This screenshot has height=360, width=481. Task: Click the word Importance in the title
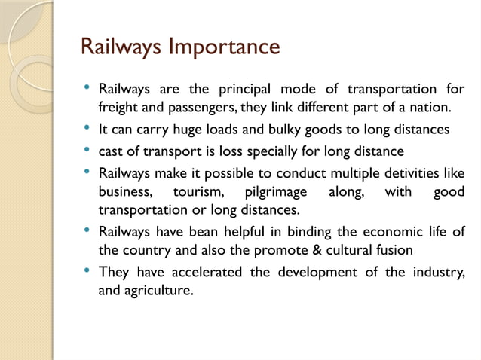225,47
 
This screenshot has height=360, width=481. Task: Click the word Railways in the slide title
121,47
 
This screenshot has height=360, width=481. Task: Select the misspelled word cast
112,151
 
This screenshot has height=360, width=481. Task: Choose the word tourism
195,191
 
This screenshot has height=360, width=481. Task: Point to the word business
124,191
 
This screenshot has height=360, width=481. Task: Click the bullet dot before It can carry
88,129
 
